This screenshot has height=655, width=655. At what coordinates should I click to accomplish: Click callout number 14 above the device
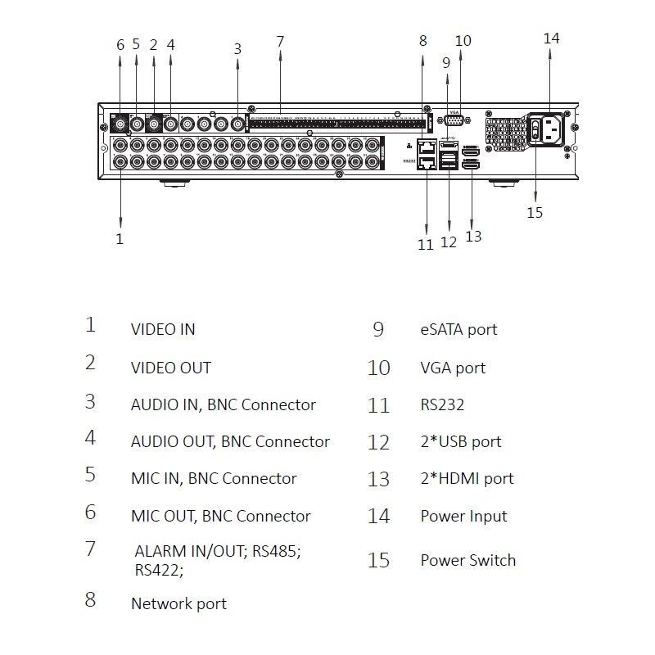[x=551, y=38]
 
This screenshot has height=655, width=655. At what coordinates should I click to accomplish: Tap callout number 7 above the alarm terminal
[x=280, y=41]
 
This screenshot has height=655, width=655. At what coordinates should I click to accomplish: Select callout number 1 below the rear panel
[x=120, y=239]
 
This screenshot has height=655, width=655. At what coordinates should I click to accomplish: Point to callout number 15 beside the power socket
[x=535, y=212]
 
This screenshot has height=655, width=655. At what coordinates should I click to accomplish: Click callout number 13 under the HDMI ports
[x=473, y=237]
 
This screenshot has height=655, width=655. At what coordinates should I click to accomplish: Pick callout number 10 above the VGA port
[x=463, y=40]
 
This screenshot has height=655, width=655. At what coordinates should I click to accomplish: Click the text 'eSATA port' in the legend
[x=458, y=330]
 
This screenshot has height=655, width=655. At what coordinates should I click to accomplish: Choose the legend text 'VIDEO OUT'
[x=170, y=368]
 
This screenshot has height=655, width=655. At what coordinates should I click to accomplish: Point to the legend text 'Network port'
[x=178, y=604]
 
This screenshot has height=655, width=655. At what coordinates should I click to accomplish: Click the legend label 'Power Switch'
[x=468, y=561]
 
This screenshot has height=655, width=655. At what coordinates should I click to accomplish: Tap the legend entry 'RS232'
[x=442, y=405]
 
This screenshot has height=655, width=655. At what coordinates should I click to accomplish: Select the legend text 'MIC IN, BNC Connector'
[x=214, y=479]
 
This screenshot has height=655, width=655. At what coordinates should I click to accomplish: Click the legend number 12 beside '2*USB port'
[x=378, y=443]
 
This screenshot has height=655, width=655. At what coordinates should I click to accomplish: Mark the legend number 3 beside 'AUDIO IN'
[x=90, y=402]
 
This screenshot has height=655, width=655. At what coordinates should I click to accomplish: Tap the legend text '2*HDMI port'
[x=467, y=479]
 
